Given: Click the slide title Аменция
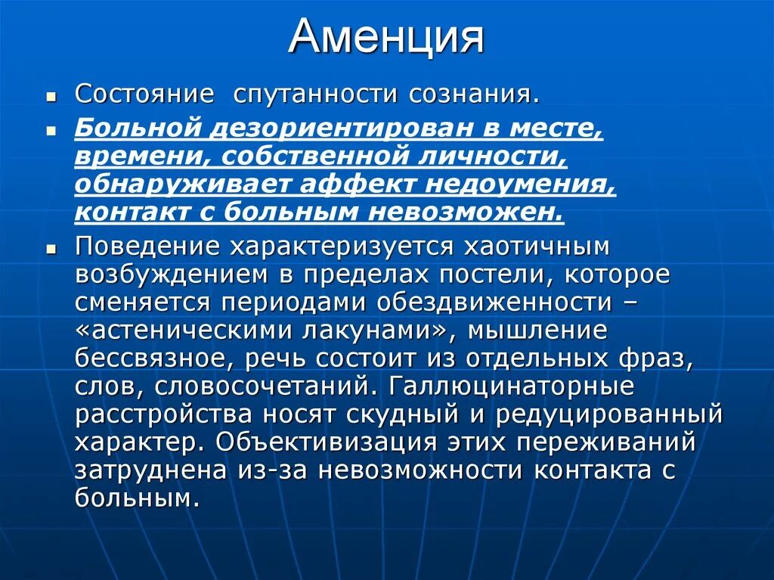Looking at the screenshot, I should click(385, 36).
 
